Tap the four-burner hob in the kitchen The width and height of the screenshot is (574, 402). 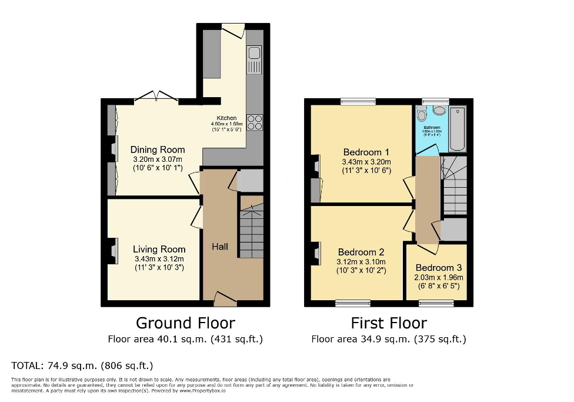(255, 122)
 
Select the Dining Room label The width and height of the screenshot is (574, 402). (158, 149)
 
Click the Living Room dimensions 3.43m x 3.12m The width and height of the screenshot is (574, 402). (159, 259)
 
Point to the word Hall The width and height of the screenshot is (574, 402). (220, 247)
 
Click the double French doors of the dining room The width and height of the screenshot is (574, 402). (156, 98)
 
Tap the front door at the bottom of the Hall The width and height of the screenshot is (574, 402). (225, 300)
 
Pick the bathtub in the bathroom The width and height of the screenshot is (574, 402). (457, 129)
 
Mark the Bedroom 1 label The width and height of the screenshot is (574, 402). (366, 153)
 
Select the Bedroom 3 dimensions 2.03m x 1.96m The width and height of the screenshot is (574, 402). (439, 278)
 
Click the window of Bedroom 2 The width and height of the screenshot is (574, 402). (353, 304)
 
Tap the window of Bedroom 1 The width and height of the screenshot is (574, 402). (358, 101)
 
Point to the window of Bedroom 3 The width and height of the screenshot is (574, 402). (436, 304)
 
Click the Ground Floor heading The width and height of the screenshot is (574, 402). (185, 323)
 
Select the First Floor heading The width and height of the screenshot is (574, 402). (389, 323)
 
